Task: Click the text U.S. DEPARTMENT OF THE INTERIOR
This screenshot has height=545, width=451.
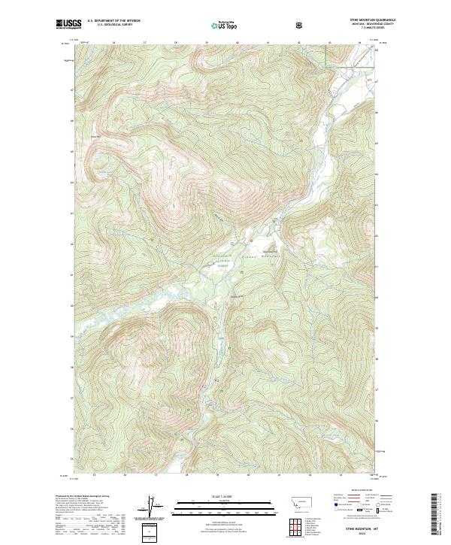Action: pyautogui.click(x=114, y=21)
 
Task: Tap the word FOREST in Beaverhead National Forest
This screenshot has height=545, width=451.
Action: pyautogui.click(x=222, y=265)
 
